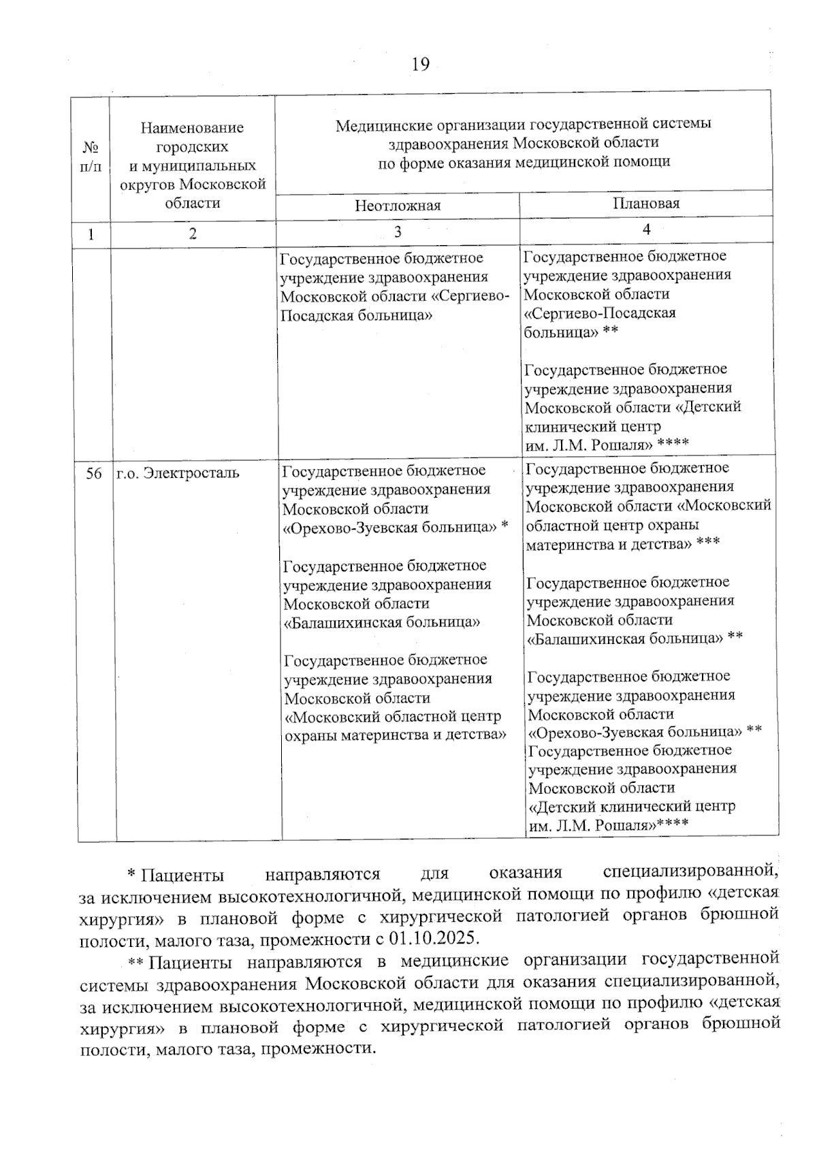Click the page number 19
(x=420, y=65)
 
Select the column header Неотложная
(x=397, y=206)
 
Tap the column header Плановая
(x=646, y=203)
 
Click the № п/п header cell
(x=91, y=157)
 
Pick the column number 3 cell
(x=398, y=231)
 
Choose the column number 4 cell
(x=646, y=229)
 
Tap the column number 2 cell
(x=193, y=234)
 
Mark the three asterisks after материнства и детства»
(x=708, y=543)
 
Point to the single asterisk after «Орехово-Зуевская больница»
(x=504, y=526)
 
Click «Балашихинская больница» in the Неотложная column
(x=382, y=622)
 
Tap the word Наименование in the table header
(x=192, y=127)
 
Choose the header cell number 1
(x=91, y=234)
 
